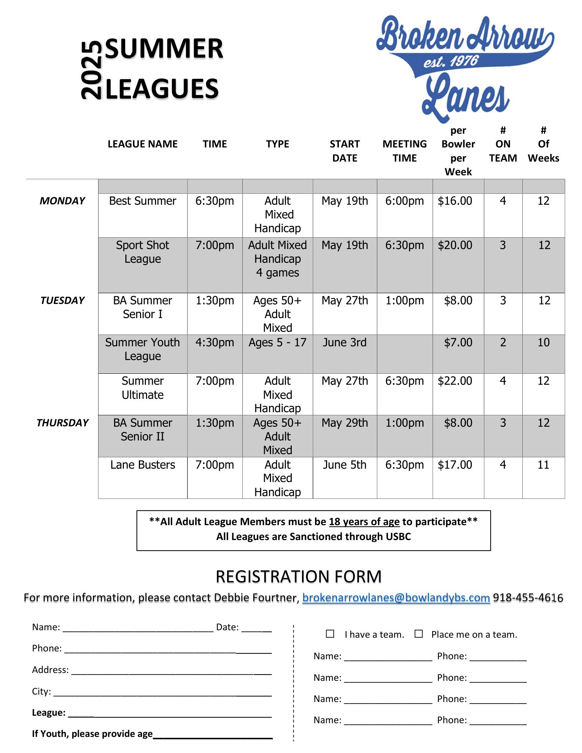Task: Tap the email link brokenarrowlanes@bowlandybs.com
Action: (396, 598)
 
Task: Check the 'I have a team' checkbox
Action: (330, 634)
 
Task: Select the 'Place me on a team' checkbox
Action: (419, 634)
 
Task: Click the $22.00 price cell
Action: (455, 381)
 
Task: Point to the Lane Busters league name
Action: (142, 465)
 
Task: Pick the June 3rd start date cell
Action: (344, 342)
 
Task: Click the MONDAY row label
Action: (62, 201)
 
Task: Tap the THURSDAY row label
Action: (62, 423)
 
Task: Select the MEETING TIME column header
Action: (404, 151)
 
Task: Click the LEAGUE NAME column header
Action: (142, 144)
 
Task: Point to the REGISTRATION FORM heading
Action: (298, 577)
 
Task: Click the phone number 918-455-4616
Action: (528, 598)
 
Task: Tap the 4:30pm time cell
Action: (215, 342)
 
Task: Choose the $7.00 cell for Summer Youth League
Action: (458, 342)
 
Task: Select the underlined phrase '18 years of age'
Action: (364, 522)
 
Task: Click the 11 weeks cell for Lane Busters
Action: (543, 465)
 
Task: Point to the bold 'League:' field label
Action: (49, 713)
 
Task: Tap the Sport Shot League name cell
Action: (142, 252)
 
